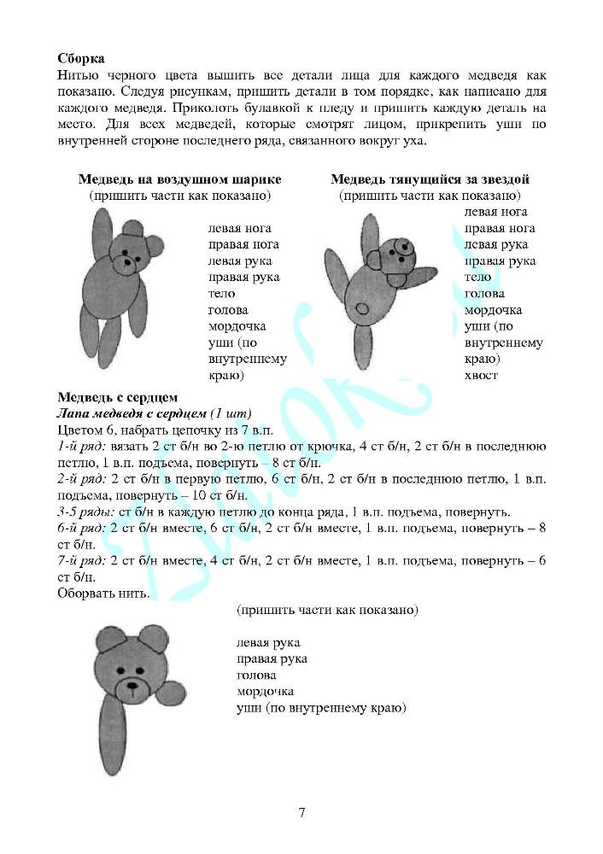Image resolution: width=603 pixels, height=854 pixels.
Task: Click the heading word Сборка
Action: point(81,59)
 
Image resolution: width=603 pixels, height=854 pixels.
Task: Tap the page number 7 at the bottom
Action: point(301,812)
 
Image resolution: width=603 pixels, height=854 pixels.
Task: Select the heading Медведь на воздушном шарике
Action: point(179,179)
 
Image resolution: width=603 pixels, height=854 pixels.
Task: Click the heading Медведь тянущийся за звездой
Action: point(430,179)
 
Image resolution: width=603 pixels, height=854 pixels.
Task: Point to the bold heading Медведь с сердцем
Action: point(117,397)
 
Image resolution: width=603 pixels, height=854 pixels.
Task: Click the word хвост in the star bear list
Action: point(481,375)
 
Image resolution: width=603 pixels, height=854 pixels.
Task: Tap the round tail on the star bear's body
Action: point(362,307)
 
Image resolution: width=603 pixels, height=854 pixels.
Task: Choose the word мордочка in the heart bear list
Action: point(265,692)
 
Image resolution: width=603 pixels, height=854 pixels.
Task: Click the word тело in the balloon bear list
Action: point(221,294)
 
